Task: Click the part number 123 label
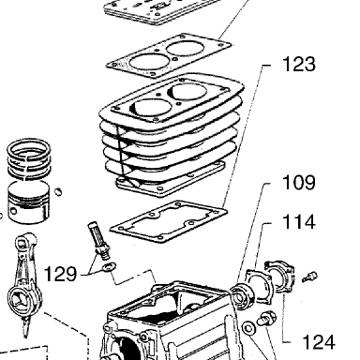click(299, 65)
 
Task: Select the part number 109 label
click(299, 183)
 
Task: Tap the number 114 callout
click(299, 222)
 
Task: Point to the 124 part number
click(319, 341)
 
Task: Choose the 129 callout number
click(60, 274)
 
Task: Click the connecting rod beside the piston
click(25, 284)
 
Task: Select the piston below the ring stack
click(28, 202)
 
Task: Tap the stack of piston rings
click(29, 160)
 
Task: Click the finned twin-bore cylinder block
click(171, 134)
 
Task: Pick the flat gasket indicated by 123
click(169, 221)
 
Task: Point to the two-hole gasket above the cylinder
click(169, 55)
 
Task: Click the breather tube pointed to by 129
click(98, 240)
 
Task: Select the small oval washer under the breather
click(109, 267)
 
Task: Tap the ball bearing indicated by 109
click(240, 295)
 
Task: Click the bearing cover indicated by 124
click(280, 277)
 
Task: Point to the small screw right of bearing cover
click(309, 277)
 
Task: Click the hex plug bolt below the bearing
click(266, 319)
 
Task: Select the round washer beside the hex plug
click(248, 328)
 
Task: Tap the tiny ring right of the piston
click(58, 191)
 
